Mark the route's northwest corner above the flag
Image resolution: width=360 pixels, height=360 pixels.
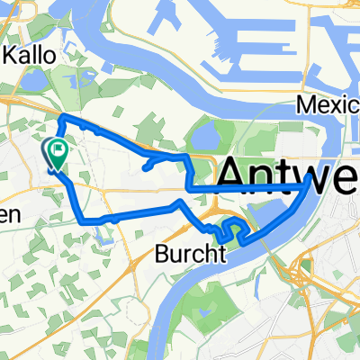[60, 119]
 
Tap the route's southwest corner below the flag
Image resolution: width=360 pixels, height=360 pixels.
[82, 219]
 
